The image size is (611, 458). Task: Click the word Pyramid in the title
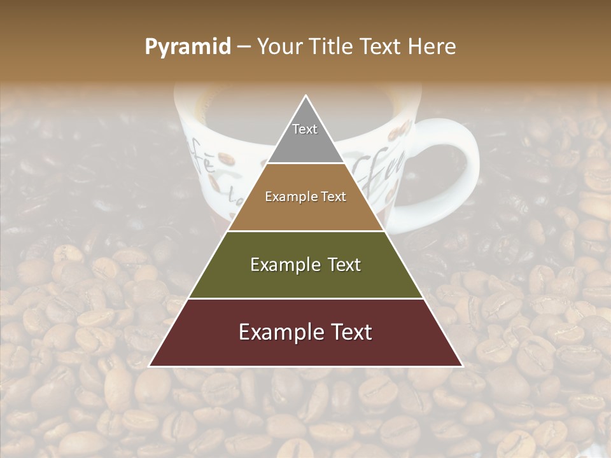[187, 47]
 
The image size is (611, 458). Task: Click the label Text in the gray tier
[305, 129]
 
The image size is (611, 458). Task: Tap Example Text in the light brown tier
[305, 197]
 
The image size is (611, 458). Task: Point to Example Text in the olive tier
[305, 265]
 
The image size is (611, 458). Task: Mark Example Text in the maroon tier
[305, 332]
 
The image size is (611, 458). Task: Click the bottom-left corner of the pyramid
[150, 366]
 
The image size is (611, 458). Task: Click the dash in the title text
[243, 47]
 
